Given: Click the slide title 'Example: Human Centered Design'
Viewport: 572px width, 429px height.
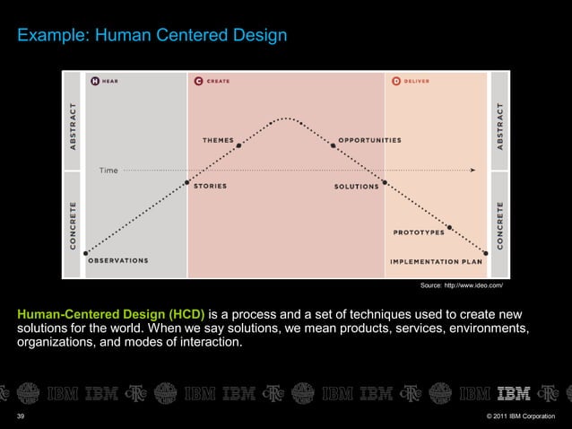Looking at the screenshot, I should tap(152, 36).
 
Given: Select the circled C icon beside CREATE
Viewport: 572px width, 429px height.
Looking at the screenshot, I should tap(197, 81).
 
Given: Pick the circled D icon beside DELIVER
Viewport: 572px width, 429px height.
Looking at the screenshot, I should tap(395, 81).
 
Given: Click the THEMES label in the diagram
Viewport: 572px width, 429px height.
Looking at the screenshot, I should tap(219, 140).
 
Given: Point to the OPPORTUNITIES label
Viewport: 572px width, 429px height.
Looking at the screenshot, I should tap(369, 140).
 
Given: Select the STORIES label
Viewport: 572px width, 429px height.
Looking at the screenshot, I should tap(210, 187).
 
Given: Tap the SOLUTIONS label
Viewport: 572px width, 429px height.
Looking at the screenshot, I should tap(356, 187).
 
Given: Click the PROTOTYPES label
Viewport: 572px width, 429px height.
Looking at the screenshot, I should tap(419, 232).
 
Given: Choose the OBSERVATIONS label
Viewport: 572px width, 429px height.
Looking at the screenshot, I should tap(118, 261).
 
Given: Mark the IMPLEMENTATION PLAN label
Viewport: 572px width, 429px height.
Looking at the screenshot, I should tap(436, 261).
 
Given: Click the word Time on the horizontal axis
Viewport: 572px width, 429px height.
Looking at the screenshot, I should tap(108, 169).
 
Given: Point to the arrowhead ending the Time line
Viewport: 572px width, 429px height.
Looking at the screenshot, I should tap(472, 169).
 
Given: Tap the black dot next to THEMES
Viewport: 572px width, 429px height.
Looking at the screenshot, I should tap(238, 145).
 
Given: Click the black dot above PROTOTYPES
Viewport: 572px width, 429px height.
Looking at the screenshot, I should tap(449, 227).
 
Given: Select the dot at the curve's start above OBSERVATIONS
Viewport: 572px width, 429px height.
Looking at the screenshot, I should tap(86, 252).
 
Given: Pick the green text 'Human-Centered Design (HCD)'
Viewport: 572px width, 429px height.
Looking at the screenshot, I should tap(111, 314).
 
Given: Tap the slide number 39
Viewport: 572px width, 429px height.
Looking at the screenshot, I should tap(22, 416).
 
